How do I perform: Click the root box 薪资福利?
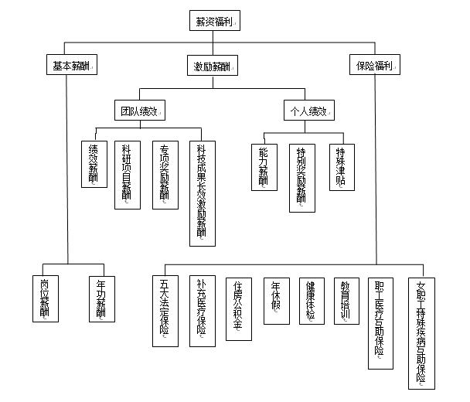[214, 21]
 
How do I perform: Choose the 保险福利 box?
[374, 65]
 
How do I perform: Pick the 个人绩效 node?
[308, 110]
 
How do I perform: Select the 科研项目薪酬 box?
[128, 175]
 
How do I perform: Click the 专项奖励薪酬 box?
[165, 175]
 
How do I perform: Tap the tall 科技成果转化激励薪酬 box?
[202, 193]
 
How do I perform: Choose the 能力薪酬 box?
[264, 167]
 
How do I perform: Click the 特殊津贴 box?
[340, 167]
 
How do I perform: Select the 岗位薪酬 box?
[45, 297]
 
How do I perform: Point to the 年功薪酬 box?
[100, 297]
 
